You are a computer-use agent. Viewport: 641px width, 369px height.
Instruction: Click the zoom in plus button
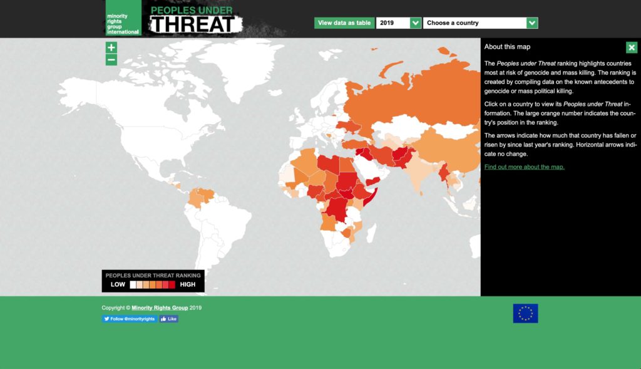pyautogui.click(x=111, y=48)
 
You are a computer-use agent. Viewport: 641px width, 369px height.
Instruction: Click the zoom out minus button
pyautogui.click(x=111, y=60)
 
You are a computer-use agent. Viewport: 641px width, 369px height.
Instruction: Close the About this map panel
pyautogui.click(x=631, y=48)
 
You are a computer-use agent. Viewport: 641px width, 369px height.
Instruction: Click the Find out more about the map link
pyautogui.click(x=524, y=167)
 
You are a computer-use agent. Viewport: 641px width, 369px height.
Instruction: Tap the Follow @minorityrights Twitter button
pyautogui.click(x=129, y=319)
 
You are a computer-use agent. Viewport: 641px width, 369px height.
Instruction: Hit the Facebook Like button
pyautogui.click(x=169, y=319)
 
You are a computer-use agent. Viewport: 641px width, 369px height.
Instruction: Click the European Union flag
pyautogui.click(x=525, y=313)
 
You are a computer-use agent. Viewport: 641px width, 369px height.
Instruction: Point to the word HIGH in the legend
pyautogui.click(x=187, y=284)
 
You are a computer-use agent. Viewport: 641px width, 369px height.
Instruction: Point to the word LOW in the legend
pyautogui.click(x=118, y=284)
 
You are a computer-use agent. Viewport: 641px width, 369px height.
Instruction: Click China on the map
pyautogui.click(x=438, y=150)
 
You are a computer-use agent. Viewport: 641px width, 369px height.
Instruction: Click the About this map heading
pyautogui.click(x=508, y=47)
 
